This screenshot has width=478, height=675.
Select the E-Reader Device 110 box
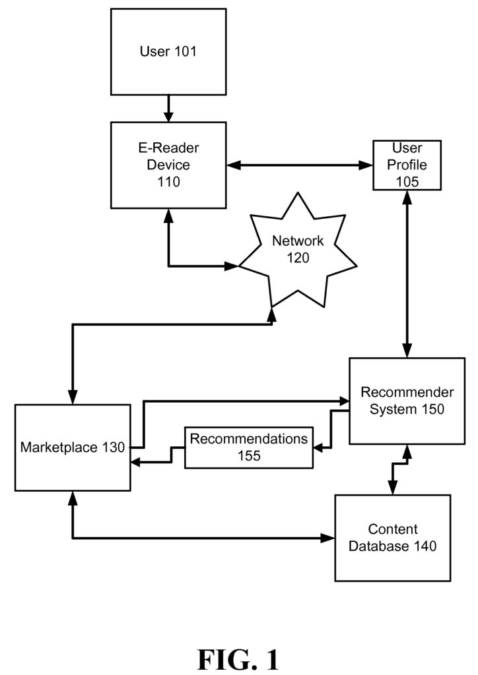click(x=168, y=164)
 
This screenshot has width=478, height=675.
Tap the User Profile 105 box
click(x=406, y=164)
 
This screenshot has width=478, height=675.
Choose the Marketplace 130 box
click(x=72, y=448)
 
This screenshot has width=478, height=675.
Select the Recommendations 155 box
click(x=249, y=448)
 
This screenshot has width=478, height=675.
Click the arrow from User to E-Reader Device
click(x=168, y=108)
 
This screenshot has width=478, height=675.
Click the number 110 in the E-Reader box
click(x=168, y=182)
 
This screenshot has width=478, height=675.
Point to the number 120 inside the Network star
click(x=298, y=258)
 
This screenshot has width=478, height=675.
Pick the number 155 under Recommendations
click(x=249, y=455)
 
